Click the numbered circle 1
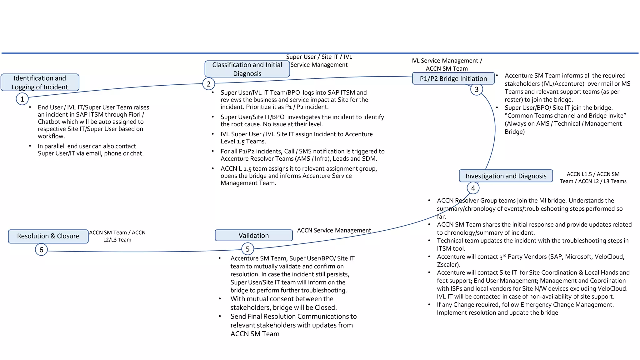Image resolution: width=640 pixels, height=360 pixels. (22, 99)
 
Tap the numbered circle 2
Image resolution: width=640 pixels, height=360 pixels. (208, 84)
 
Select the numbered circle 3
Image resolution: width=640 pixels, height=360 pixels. (476, 89)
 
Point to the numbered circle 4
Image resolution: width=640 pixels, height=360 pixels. (473, 188)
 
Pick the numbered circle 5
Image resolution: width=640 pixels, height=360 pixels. (247, 249)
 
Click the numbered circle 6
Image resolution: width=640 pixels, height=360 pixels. (41, 250)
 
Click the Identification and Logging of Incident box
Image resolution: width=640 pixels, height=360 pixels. (40, 82)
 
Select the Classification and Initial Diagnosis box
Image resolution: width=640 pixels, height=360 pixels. (247, 69)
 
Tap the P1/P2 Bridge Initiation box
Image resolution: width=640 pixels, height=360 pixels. (453, 78)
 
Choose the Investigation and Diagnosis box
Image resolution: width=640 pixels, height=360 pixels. (506, 176)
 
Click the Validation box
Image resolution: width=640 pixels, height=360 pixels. (253, 235)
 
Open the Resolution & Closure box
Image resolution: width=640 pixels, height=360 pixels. (48, 236)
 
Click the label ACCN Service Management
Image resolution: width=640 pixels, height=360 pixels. (334, 230)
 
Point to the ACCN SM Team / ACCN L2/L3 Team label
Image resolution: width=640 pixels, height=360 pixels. (117, 236)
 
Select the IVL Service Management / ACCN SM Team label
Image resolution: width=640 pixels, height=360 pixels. (447, 64)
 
